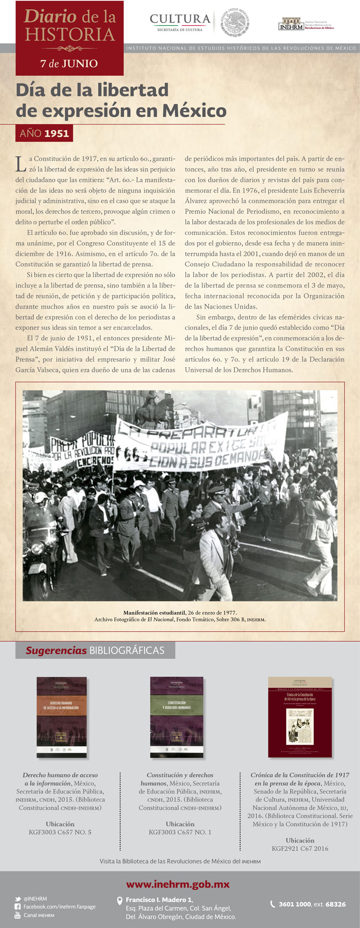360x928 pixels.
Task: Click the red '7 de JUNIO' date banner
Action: (x=69, y=63)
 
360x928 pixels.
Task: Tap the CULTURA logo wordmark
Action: (x=180, y=20)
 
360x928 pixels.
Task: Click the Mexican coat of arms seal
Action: (x=235, y=22)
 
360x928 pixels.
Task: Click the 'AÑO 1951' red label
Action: (x=44, y=133)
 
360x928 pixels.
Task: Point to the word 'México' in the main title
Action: (x=194, y=111)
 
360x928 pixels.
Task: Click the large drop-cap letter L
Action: (x=21, y=164)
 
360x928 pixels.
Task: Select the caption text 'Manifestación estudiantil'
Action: (x=154, y=613)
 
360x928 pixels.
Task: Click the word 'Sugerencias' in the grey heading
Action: (x=56, y=651)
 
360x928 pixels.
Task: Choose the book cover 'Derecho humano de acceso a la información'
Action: (x=61, y=717)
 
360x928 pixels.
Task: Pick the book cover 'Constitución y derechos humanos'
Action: (x=176, y=717)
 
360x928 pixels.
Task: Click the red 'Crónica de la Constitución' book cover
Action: (x=300, y=717)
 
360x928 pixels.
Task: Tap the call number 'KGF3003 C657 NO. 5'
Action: (x=60, y=832)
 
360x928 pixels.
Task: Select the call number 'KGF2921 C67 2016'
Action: (x=300, y=848)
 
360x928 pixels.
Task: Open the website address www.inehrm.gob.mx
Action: (x=178, y=884)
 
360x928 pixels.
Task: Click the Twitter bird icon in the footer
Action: (x=17, y=899)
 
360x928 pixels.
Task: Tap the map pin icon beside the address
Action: (x=120, y=901)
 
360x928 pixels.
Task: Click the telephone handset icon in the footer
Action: (x=273, y=904)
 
